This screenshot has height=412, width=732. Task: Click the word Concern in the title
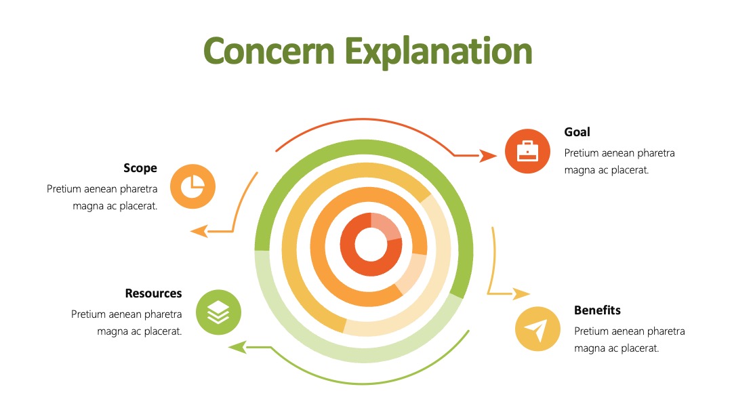269,52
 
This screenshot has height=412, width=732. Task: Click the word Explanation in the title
439,52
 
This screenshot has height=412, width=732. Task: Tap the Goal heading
577,132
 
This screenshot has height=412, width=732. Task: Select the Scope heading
140,168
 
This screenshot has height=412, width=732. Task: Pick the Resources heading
154,293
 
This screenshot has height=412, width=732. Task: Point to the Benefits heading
597,310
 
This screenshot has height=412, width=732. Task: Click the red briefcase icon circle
527,151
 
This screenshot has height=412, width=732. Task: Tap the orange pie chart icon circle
192,186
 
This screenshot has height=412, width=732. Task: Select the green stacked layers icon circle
218,312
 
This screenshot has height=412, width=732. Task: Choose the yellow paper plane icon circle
537,329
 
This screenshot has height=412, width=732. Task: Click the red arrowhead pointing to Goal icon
489,156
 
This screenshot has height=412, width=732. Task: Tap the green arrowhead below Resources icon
237,347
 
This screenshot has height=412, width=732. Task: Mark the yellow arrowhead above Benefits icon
521,293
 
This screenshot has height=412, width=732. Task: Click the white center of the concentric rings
371,245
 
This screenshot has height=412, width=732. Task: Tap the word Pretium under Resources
87,314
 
